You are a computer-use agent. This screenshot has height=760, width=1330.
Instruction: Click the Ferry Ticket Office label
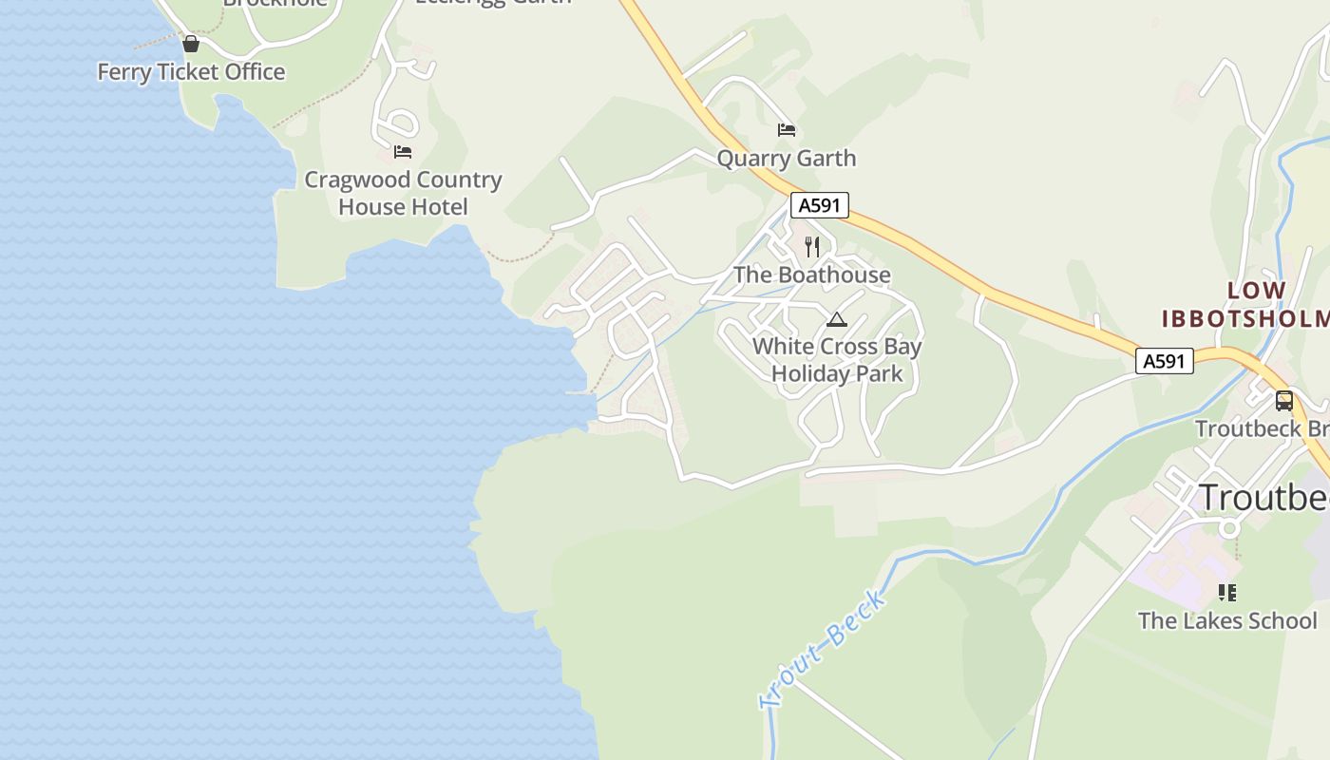(191, 72)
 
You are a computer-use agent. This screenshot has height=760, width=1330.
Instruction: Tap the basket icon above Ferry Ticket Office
(191, 44)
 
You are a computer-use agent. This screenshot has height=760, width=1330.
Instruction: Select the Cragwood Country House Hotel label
(403, 193)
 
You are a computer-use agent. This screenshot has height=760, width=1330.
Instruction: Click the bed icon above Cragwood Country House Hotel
(403, 151)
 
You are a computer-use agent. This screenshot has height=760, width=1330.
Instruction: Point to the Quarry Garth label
(786, 159)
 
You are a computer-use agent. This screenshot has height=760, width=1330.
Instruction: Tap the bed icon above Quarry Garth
(786, 130)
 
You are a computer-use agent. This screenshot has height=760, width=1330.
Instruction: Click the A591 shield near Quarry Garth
(819, 205)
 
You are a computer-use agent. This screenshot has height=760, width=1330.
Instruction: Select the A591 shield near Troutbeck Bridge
(1165, 361)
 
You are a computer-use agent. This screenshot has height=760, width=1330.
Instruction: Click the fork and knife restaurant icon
(812, 247)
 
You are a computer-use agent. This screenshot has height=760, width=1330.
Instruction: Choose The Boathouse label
(812, 275)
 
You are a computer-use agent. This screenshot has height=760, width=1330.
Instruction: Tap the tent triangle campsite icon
(836, 320)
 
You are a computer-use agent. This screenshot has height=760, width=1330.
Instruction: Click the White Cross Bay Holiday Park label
(837, 360)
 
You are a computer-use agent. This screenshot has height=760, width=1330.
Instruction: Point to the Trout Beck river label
(824, 648)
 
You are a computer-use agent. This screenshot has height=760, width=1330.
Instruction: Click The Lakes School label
(1227, 621)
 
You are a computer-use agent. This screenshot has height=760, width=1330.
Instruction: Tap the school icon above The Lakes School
(1227, 593)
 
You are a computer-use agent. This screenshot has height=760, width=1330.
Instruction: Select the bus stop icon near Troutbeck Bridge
(1283, 401)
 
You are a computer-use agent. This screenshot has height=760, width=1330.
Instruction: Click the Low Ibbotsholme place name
(1244, 304)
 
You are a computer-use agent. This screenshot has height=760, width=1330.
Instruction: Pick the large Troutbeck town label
(1263, 497)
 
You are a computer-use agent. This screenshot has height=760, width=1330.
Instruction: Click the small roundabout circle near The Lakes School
(1229, 527)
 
